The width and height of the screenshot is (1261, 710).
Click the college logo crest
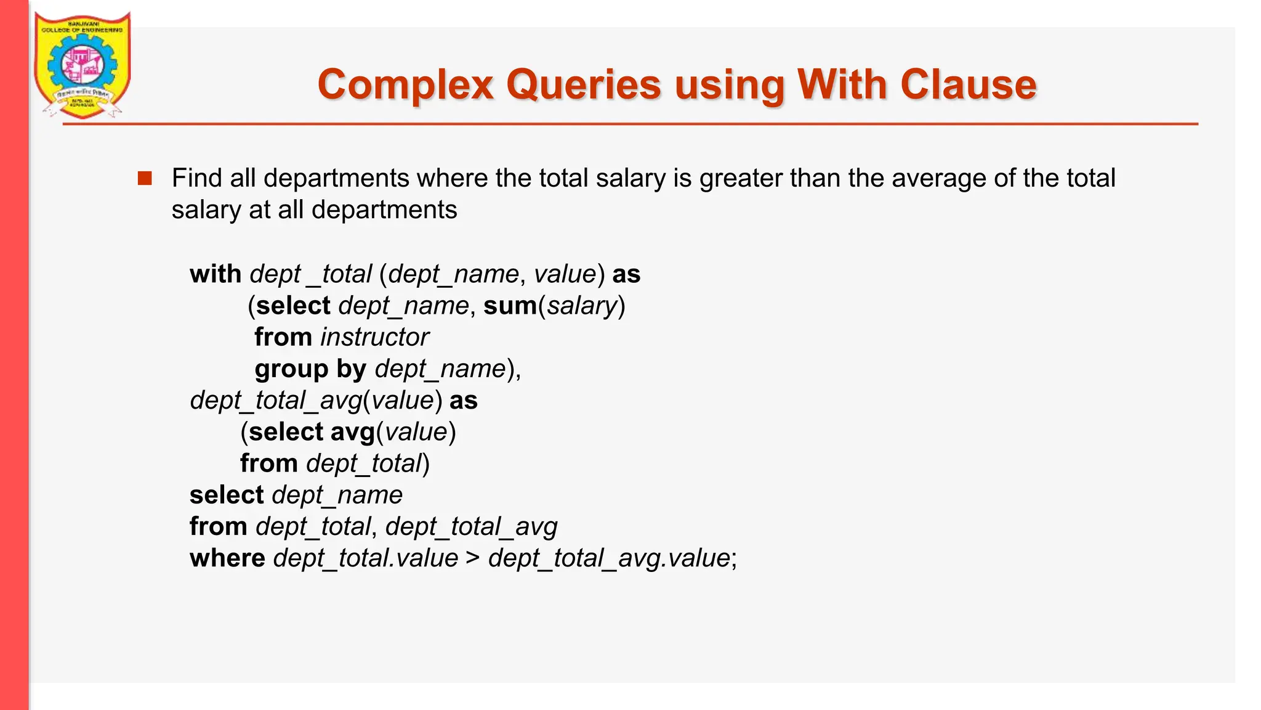click(x=82, y=65)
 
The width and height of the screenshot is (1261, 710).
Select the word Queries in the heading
click(x=583, y=84)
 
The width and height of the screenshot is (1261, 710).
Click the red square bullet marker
click(x=145, y=179)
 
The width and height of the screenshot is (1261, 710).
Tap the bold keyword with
click(x=216, y=274)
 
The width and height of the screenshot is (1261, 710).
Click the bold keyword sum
click(x=510, y=306)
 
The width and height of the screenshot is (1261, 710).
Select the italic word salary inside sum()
click(x=582, y=306)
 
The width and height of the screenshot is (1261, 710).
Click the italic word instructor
click(x=374, y=338)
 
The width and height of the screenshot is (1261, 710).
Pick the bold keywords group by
click(x=310, y=369)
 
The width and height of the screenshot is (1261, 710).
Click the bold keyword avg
click(x=352, y=432)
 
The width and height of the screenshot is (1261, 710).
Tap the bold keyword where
click(x=227, y=558)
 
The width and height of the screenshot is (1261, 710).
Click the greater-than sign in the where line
click(x=472, y=558)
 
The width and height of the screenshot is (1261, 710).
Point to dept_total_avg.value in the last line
click(x=609, y=558)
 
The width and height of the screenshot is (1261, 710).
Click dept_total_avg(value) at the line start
click(x=315, y=401)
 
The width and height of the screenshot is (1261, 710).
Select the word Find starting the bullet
click(x=196, y=179)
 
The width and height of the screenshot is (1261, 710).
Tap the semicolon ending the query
click(x=734, y=560)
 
